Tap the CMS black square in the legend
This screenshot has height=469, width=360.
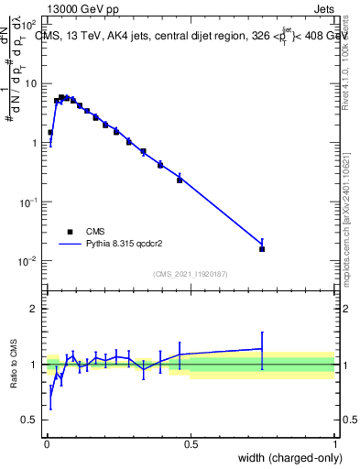coord(69,232)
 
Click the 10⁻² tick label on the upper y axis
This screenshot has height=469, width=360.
coord(29,261)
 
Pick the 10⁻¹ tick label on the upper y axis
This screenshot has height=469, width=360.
coord(29,202)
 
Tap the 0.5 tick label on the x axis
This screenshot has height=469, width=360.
coord(191,444)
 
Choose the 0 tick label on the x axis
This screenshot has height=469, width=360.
coord(46,444)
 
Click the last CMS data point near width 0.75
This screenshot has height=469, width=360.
coord(262,248)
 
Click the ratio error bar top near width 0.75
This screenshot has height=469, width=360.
coord(262,333)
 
